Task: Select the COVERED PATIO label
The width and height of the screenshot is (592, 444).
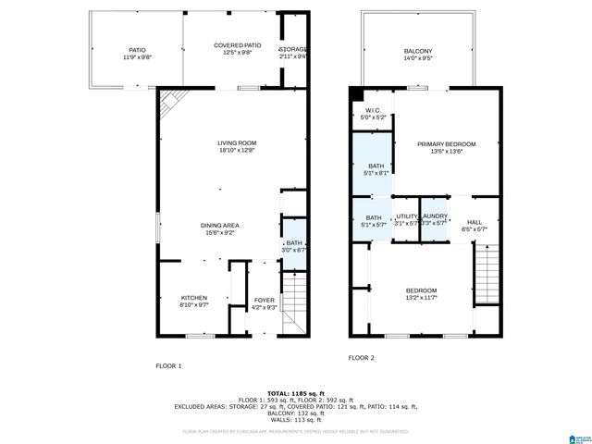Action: [237, 45]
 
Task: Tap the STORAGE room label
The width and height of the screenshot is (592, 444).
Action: [293, 49]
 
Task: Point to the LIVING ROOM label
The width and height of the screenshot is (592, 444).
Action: [237, 142]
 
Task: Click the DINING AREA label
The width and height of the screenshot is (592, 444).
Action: [220, 226]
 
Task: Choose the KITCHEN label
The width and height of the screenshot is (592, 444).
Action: [193, 298]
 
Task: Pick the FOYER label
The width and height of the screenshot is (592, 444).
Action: [265, 301]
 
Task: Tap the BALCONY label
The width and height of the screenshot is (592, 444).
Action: [418, 51]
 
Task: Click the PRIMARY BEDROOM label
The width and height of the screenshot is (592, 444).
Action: [446, 144]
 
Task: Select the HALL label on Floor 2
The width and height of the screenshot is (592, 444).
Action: [474, 223]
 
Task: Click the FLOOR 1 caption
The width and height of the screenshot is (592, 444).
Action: [168, 365]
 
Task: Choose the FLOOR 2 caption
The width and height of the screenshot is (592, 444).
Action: [361, 357]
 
